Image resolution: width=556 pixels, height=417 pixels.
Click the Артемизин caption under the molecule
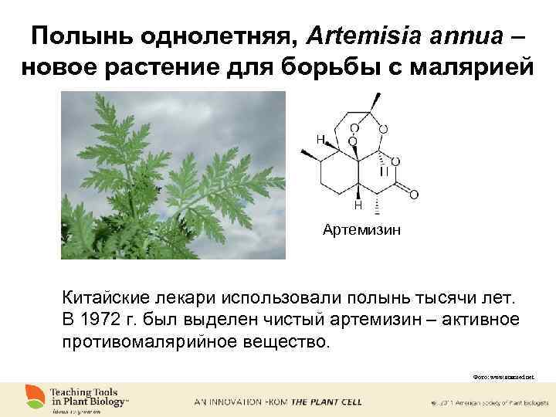tap(362, 229)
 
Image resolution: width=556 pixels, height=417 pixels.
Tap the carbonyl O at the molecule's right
tap(414, 194)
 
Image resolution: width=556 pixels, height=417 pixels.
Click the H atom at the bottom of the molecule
tap(358, 205)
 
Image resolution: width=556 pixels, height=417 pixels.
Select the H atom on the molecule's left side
tap(319, 140)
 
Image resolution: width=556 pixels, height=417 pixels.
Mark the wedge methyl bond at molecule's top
tap(375, 103)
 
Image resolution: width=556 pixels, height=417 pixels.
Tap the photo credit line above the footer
tap(503, 377)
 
